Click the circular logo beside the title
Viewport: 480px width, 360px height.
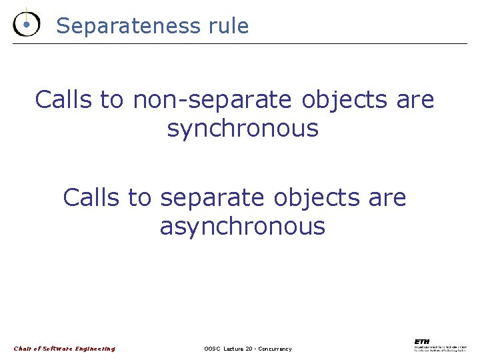[26, 25]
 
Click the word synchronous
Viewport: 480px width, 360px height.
[243, 129]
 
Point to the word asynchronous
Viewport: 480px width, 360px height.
[243, 227]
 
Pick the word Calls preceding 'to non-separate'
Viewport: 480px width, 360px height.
[64, 100]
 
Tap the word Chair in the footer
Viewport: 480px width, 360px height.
[22, 349]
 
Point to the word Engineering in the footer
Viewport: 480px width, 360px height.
[94, 349]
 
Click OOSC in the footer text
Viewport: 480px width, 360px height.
[213, 349]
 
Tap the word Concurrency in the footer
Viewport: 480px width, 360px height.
[276, 349]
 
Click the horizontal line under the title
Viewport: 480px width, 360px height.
[240, 43]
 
